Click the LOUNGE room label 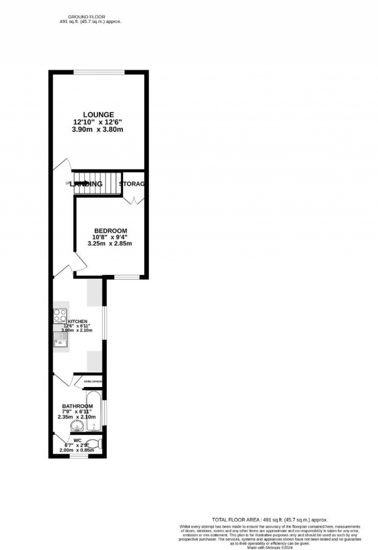point(98,115)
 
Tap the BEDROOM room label point(110,231)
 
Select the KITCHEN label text point(78,321)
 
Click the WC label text point(78,440)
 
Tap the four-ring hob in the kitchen point(60,316)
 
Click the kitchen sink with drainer point(60,339)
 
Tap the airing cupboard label point(93,382)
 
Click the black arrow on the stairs point(83,183)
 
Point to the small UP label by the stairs point(68,183)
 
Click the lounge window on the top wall point(99,72)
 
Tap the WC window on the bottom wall point(79,457)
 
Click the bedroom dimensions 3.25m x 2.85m point(110,243)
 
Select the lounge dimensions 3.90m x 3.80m point(98,129)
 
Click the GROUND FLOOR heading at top point(87,17)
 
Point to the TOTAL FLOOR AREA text point(269,519)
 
